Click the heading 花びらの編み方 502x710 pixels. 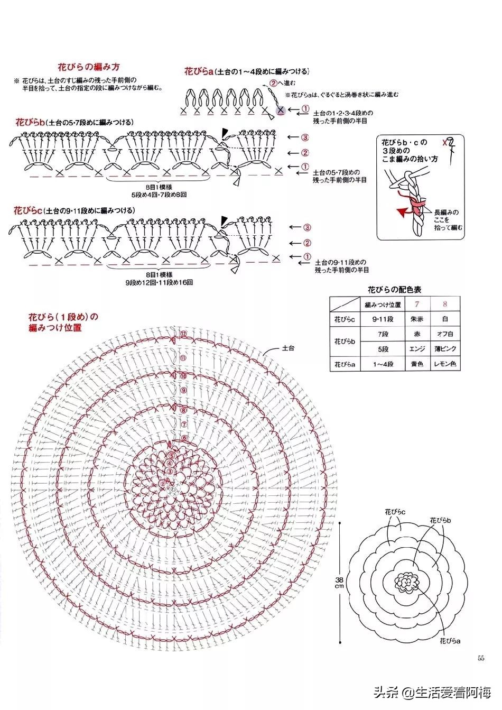88,67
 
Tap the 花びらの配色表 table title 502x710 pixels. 394,290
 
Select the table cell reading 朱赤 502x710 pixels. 416,320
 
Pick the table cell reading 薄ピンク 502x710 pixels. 445,349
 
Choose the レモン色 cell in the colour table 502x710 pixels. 445,364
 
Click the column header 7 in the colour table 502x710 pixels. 416,304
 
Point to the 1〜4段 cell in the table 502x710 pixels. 383,364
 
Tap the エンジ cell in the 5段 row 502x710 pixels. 416,349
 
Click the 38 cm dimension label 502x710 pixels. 340,582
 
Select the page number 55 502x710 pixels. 481,658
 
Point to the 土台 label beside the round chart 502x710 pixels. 288,348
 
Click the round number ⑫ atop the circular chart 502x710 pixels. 183,334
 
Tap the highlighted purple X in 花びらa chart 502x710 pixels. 281,110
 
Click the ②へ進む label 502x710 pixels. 282,83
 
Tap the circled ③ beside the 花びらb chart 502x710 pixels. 305,137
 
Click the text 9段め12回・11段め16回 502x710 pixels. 159,283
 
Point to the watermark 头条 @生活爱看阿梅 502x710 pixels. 433,691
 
